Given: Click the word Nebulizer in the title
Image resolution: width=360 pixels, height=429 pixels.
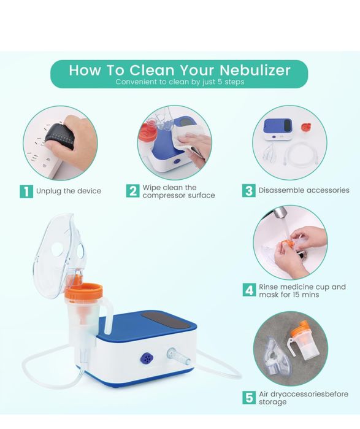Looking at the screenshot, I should click(x=247, y=69).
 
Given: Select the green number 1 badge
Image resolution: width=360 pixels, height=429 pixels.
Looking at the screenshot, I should click(x=26, y=191).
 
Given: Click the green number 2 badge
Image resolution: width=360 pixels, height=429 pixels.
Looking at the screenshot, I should click(x=132, y=191).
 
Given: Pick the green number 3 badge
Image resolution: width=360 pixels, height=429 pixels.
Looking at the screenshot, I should click(x=248, y=191).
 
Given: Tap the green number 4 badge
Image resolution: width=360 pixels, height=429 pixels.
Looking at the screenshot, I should click(x=248, y=290).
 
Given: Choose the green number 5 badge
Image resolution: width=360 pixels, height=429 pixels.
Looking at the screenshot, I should click(x=248, y=397).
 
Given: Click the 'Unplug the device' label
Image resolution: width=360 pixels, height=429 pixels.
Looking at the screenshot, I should click(x=69, y=191).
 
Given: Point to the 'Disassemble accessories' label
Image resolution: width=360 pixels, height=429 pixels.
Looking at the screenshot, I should click(x=304, y=191).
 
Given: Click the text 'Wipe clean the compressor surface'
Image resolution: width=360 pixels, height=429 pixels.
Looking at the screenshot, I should click(x=178, y=191).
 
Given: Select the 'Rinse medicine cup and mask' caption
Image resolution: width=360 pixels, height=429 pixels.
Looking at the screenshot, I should click(x=302, y=290).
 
